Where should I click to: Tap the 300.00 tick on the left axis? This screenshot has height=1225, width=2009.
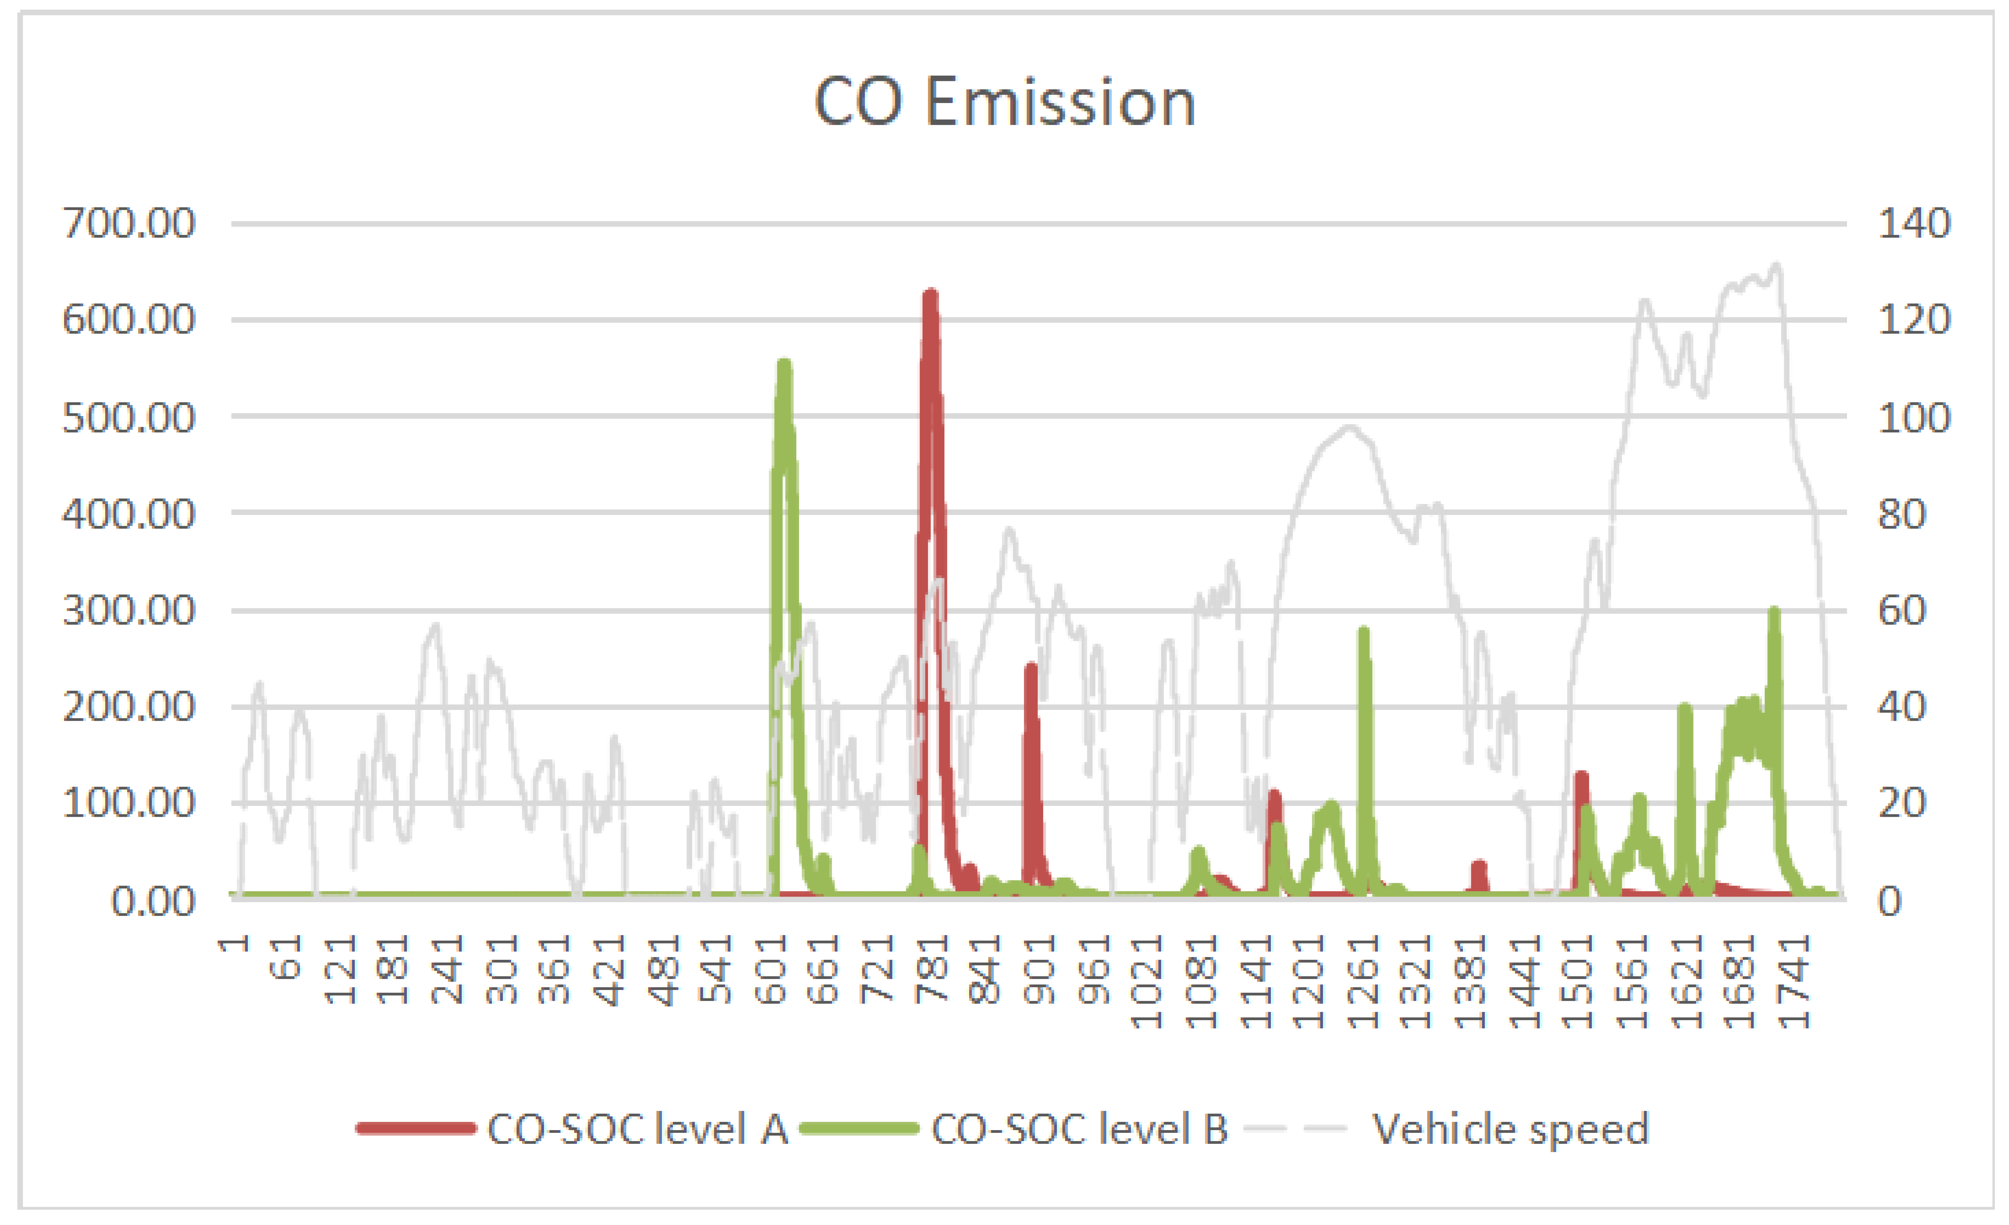click(x=129, y=610)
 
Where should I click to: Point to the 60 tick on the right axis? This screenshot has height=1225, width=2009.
click(x=1901, y=610)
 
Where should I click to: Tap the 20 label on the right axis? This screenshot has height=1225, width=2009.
click(x=1901, y=803)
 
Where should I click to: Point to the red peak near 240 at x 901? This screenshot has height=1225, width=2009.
click(x=1031, y=667)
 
